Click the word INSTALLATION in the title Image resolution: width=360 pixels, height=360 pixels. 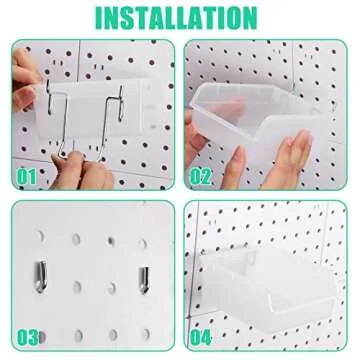180,17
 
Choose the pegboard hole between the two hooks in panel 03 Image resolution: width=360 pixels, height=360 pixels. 92,271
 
